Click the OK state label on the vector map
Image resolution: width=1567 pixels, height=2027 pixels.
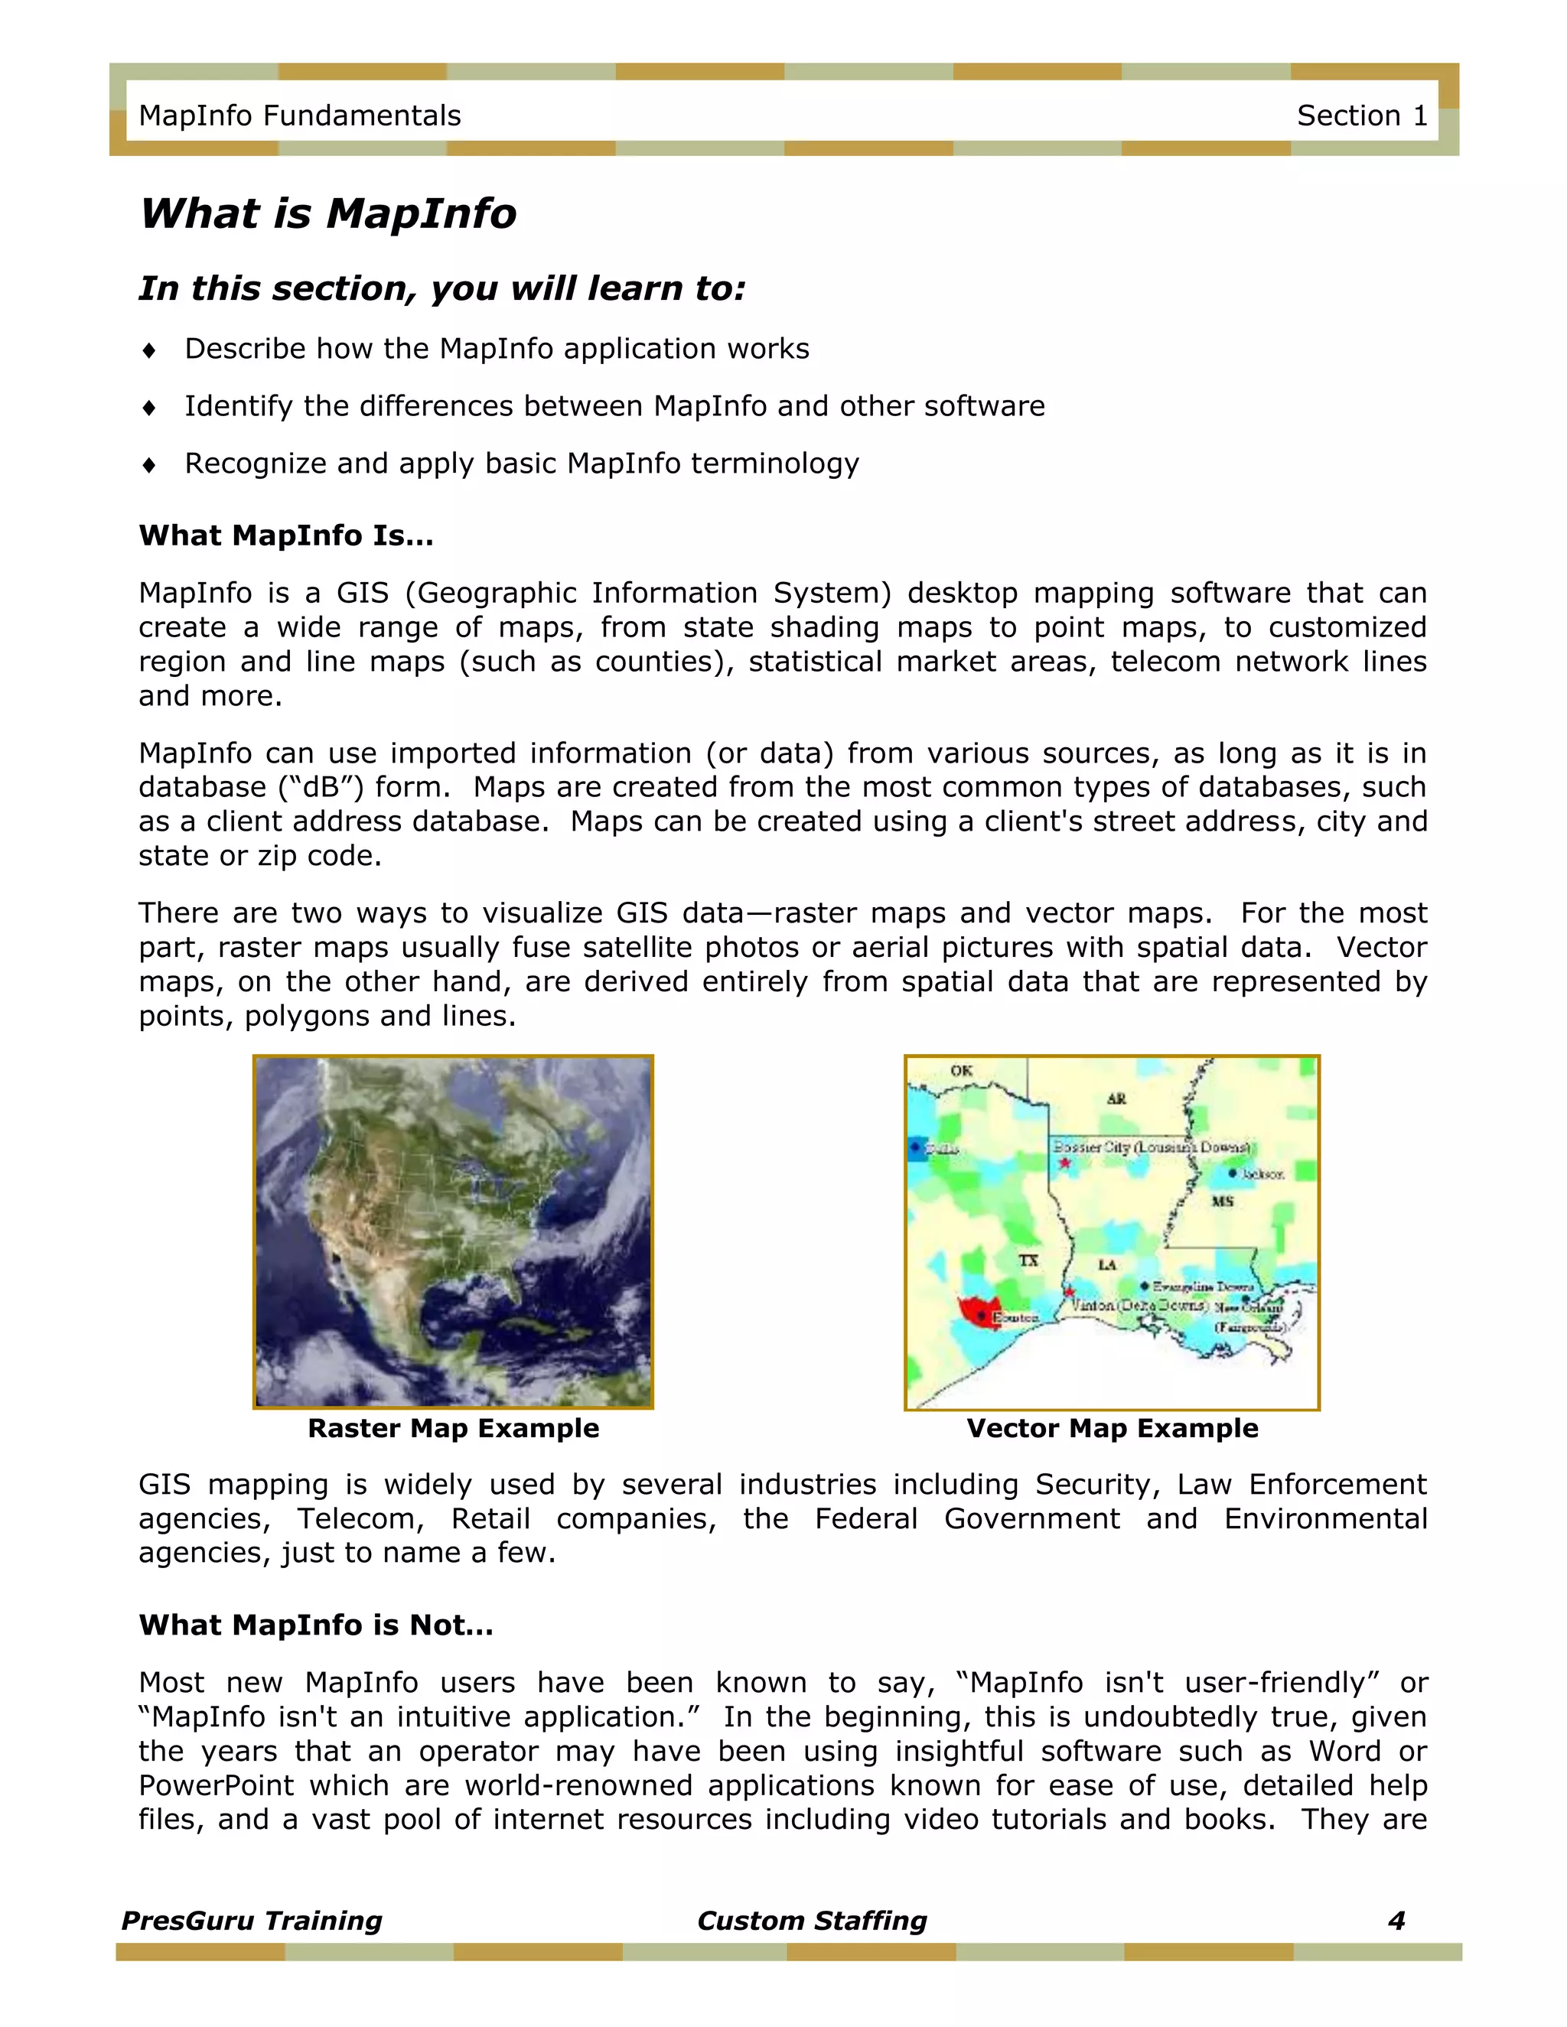(x=961, y=1070)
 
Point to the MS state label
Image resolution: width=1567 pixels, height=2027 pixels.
(x=1223, y=1201)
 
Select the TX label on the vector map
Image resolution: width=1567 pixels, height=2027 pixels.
(x=1028, y=1260)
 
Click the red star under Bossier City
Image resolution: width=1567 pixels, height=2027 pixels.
(x=1065, y=1163)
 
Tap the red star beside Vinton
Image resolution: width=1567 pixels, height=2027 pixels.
(x=1070, y=1291)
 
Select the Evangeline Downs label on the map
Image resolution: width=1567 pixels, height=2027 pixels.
(x=1202, y=1287)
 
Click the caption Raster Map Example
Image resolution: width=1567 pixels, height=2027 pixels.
(x=453, y=1428)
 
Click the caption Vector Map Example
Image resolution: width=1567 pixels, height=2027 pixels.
(x=1112, y=1428)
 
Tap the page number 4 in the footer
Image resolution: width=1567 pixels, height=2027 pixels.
(x=1396, y=1920)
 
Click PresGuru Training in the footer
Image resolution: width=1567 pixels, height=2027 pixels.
(x=252, y=1920)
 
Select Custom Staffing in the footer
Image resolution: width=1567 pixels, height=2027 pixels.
(x=813, y=1920)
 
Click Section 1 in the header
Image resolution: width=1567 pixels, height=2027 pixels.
(x=1361, y=116)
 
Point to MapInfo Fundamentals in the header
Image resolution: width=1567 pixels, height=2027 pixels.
(x=300, y=116)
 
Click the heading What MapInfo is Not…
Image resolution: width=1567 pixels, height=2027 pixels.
(x=316, y=1625)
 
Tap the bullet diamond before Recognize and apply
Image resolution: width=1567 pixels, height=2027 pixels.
(x=149, y=464)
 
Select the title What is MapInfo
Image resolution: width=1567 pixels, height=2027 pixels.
(x=327, y=213)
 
